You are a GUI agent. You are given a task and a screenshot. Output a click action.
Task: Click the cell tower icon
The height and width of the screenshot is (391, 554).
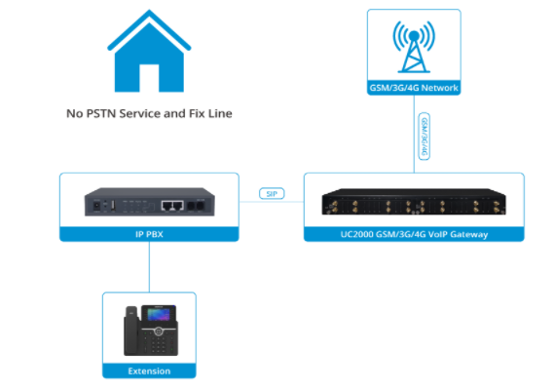pos(412,47)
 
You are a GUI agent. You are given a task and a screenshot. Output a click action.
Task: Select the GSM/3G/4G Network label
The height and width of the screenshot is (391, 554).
pos(412,88)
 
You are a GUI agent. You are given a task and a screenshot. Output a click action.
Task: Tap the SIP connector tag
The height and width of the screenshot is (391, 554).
pos(272,194)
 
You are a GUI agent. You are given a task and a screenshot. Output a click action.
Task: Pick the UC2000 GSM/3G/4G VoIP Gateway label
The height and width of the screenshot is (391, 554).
pos(414,235)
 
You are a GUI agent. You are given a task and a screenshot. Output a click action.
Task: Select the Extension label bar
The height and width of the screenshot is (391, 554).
pos(149,371)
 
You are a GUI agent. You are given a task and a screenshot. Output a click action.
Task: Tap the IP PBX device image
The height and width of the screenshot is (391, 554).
pos(149,205)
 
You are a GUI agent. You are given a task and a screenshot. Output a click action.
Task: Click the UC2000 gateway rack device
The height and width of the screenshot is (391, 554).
pos(414,205)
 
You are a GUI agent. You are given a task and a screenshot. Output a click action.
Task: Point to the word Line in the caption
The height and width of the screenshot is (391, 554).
pos(219,113)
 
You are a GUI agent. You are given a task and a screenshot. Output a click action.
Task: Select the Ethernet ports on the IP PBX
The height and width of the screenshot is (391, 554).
pos(172,206)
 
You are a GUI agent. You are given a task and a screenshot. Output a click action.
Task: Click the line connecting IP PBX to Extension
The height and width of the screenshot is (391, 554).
pos(149,266)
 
